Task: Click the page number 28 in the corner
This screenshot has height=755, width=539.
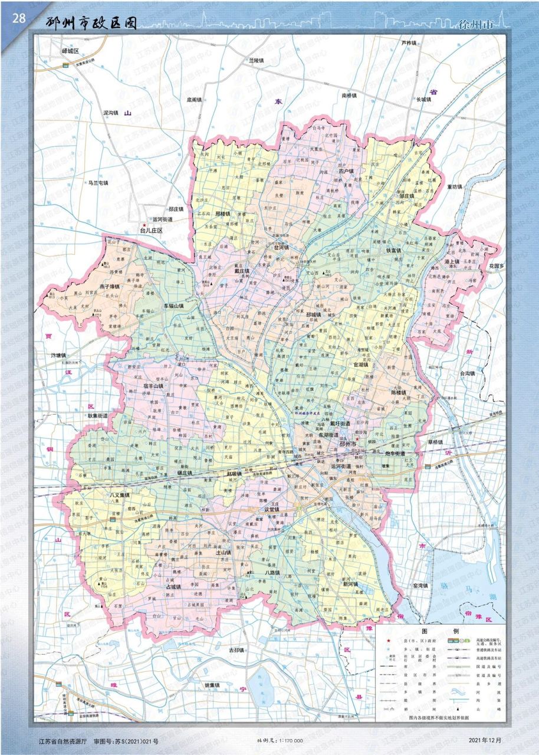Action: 18,18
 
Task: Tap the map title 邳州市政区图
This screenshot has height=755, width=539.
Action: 91,24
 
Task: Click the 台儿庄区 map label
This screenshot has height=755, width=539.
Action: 151,231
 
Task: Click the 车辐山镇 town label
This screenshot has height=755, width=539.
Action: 174,307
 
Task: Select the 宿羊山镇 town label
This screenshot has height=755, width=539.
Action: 153,386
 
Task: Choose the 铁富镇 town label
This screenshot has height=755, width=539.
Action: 394,250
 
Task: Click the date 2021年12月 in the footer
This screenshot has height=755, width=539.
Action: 485,740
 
